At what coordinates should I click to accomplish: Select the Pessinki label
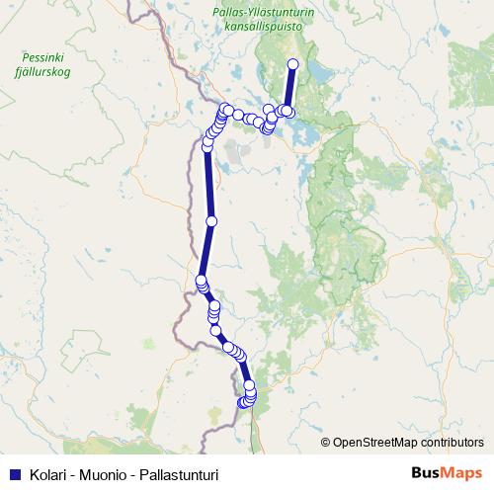pos(39,58)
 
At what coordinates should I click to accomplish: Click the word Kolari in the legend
pos(47,474)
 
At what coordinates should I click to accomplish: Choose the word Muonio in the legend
pos(103,474)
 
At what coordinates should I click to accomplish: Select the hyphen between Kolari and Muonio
pos(72,474)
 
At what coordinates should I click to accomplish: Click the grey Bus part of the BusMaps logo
pos(428,473)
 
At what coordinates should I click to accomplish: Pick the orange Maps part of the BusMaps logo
pos(464,473)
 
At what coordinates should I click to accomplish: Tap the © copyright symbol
pos(326,442)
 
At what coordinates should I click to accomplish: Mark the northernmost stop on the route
pos(292,65)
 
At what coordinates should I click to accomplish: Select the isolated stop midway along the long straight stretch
pos(210,220)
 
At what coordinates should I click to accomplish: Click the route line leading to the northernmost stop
pos(290,87)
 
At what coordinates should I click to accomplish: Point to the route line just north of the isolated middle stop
pos(209,188)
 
